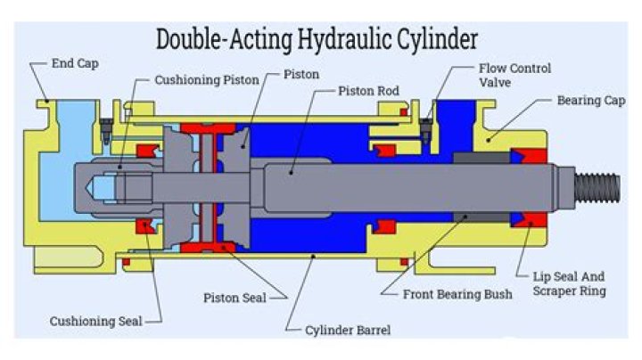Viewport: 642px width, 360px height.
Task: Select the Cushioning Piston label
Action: pos(207,80)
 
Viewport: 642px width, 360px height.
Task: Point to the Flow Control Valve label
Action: pos(515,75)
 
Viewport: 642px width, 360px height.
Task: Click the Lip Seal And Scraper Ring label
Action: pos(566,283)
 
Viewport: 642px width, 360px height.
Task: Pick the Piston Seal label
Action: pos(235,298)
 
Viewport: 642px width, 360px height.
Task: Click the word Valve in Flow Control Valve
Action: pos(497,83)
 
